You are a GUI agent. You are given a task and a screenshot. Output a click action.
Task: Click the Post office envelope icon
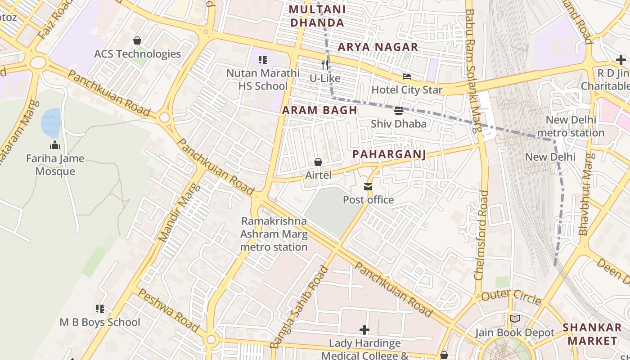(x=368, y=187)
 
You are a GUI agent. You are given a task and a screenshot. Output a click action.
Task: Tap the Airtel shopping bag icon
(x=318, y=162)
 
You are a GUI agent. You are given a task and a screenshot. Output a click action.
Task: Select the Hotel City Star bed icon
(x=407, y=76)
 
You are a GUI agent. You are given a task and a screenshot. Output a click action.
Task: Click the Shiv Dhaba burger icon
(x=398, y=111)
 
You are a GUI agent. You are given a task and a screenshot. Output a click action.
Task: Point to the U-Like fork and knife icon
(x=325, y=65)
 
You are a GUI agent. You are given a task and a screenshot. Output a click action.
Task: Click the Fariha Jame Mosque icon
(x=55, y=145)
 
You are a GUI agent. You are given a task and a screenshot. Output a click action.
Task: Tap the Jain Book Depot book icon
(x=515, y=319)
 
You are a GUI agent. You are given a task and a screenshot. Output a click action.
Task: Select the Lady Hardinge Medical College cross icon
(x=364, y=330)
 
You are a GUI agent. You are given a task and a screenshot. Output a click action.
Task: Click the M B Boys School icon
(x=100, y=309)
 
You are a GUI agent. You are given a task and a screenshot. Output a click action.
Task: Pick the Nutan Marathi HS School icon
(x=263, y=59)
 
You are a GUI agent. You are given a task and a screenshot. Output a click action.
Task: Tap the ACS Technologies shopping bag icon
(x=137, y=41)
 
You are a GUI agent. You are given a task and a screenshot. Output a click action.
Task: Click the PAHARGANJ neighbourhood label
(x=389, y=154)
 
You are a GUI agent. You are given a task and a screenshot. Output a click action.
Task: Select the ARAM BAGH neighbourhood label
(x=319, y=110)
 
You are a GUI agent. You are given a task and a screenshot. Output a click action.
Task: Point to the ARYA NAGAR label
(x=378, y=47)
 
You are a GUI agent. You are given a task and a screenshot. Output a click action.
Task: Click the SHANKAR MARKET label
(x=592, y=333)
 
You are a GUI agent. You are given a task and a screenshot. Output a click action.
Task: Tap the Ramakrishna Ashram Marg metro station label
(x=274, y=234)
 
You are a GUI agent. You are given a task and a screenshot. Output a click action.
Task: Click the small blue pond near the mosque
(x=51, y=123)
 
